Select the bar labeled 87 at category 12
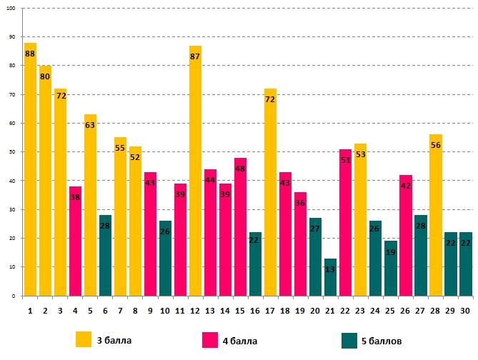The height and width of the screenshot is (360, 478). tap(195, 171)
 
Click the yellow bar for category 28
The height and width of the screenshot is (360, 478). tap(435, 215)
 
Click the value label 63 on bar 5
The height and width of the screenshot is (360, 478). tap(90, 125)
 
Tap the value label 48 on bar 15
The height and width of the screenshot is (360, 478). tap(240, 169)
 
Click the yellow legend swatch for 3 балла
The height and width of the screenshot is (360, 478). tap(84, 339)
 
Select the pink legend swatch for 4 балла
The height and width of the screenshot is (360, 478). tap(211, 339)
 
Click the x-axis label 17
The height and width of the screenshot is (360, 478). tap(270, 311)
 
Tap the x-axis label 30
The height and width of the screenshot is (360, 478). tap(465, 311)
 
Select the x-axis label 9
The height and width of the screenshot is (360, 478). tap(150, 311)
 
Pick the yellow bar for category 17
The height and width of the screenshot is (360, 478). tap(270, 192)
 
